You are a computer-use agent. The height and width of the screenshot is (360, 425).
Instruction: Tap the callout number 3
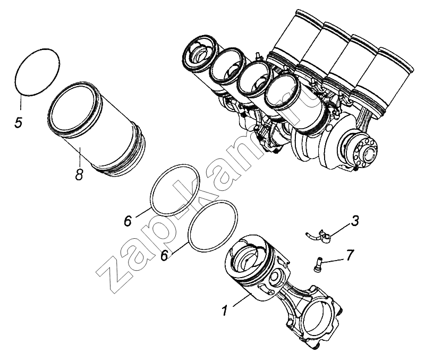(x=355, y=221)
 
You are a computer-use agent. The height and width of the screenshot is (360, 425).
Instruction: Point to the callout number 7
(x=350, y=255)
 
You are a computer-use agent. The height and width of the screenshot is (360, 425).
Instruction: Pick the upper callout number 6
(x=127, y=221)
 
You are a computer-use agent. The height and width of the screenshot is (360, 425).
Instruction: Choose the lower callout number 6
(x=165, y=256)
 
